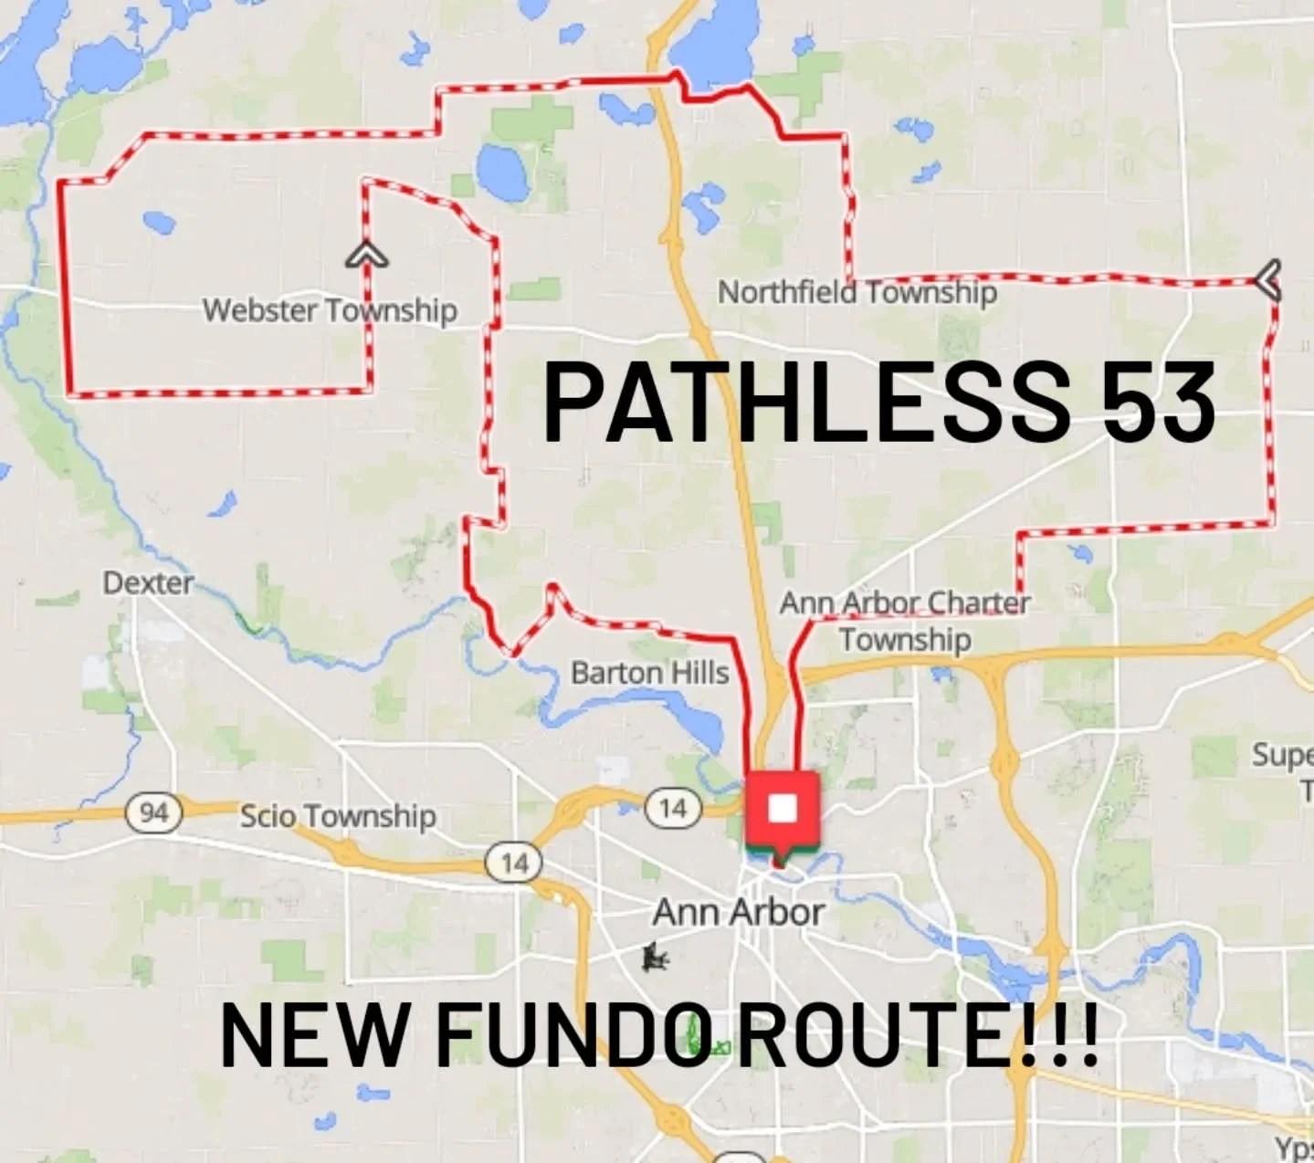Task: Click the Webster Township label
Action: [x=330, y=309]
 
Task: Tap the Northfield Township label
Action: [x=857, y=292]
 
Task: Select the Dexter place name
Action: [x=148, y=582]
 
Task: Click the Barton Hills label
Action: [x=649, y=673]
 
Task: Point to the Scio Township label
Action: [x=337, y=815]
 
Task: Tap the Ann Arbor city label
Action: [x=739, y=912]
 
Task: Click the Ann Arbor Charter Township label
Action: [x=904, y=620]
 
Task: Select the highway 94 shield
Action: [x=153, y=811]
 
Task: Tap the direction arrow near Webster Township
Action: [x=366, y=255]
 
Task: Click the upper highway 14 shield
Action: [x=673, y=807]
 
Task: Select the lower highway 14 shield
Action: [x=514, y=863]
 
